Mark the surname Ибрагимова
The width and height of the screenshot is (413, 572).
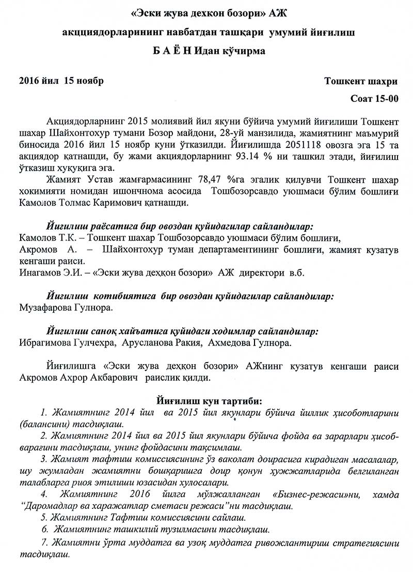[x=44, y=343]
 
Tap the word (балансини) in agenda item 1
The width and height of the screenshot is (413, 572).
[x=38, y=424]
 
